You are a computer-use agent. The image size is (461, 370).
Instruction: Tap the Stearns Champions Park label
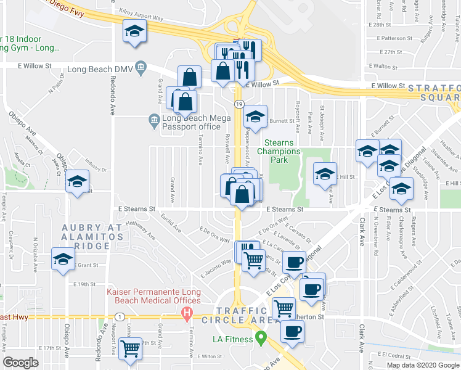279,151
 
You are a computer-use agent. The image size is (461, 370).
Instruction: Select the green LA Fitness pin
261,338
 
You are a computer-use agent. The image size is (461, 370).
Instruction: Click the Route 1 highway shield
116,316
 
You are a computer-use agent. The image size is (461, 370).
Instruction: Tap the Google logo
21,363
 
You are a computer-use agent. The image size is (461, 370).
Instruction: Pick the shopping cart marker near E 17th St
130,349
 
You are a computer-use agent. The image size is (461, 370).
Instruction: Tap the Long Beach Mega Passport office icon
154,118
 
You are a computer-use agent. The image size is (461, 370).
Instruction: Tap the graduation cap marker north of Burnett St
255,116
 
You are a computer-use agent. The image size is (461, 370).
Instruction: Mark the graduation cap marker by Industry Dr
78,182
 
